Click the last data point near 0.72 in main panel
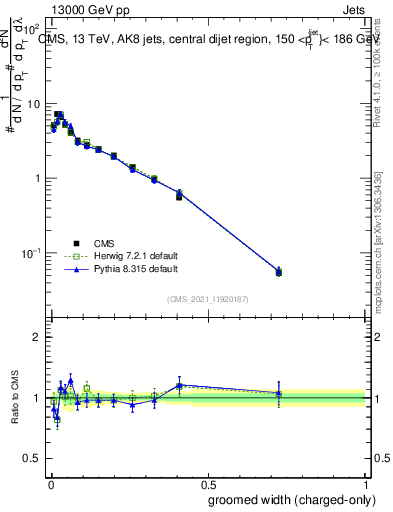click(x=279, y=271)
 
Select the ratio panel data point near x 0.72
click(x=279, y=393)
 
